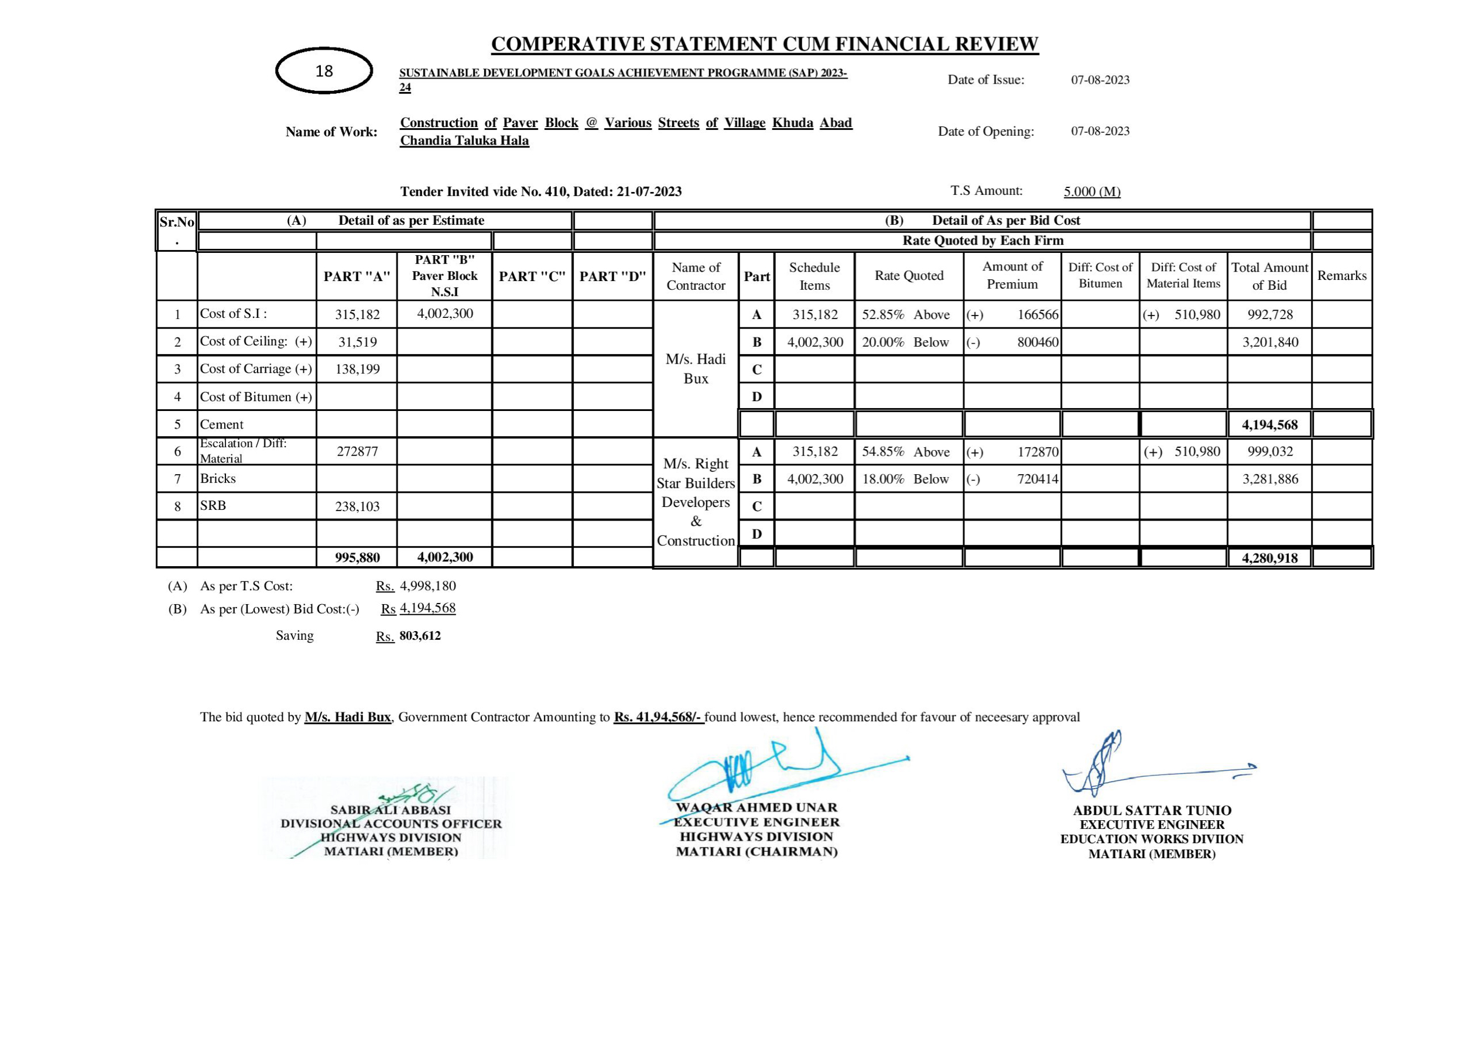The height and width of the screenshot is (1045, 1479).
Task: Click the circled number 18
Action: point(324,71)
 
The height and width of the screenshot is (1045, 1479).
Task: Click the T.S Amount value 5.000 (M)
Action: point(1092,191)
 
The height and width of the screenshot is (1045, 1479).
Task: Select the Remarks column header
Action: point(1342,276)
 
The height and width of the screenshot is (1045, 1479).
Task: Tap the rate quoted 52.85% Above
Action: point(906,315)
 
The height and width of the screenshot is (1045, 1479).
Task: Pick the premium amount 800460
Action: point(1037,342)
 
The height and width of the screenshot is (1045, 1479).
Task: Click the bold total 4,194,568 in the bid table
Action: point(1269,424)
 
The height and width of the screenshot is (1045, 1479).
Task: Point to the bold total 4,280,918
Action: point(1269,558)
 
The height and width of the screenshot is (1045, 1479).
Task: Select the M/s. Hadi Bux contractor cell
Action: point(696,368)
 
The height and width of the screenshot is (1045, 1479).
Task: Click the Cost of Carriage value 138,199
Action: point(358,369)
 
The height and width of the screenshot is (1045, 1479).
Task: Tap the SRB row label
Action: point(213,506)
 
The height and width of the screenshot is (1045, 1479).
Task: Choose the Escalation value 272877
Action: point(358,451)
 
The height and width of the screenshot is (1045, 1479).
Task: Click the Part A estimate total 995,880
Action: point(358,557)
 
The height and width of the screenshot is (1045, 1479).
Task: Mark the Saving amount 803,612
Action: point(420,636)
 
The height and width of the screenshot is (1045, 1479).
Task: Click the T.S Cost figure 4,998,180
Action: point(428,586)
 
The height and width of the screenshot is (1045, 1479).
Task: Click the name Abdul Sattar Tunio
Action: point(1152,810)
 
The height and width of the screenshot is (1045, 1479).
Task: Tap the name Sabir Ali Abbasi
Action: point(391,810)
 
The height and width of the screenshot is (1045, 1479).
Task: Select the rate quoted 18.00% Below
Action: point(905,479)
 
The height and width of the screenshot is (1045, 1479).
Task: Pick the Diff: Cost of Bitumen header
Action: point(1100,275)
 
